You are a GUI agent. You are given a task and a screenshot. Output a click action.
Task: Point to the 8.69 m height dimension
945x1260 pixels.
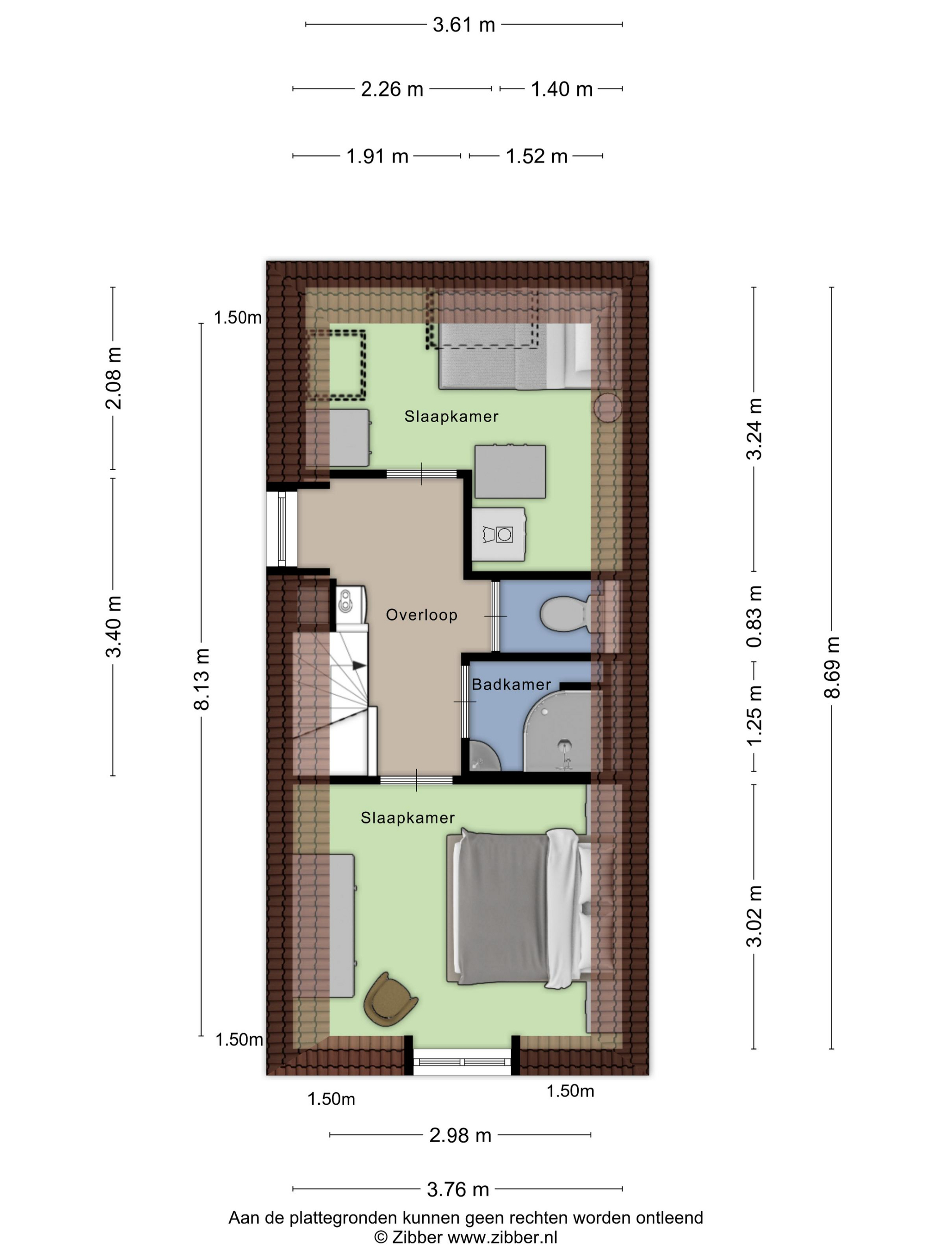[832, 667]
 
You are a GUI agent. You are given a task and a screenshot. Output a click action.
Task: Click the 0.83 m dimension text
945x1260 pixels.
[754, 616]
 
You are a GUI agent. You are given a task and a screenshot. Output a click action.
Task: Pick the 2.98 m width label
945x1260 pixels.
[460, 1135]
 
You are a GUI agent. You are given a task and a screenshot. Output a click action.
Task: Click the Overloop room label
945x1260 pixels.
[422, 615]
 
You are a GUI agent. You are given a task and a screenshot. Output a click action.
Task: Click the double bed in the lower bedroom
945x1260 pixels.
[519, 909]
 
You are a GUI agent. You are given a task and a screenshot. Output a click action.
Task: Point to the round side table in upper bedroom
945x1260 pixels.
[607, 408]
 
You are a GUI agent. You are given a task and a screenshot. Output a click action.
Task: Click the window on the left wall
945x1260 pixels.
[281, 529]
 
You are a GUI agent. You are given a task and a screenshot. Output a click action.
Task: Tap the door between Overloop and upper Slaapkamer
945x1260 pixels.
[422, 474]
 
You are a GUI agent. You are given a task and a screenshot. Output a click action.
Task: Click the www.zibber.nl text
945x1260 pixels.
[502, 1237]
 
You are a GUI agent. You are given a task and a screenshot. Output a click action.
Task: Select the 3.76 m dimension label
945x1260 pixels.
[458, 1189]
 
